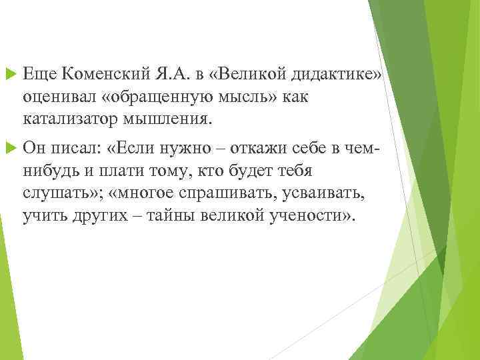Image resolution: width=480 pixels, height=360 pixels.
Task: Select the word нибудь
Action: (48, 171)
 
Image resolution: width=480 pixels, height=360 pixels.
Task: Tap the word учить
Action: (43, 217)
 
